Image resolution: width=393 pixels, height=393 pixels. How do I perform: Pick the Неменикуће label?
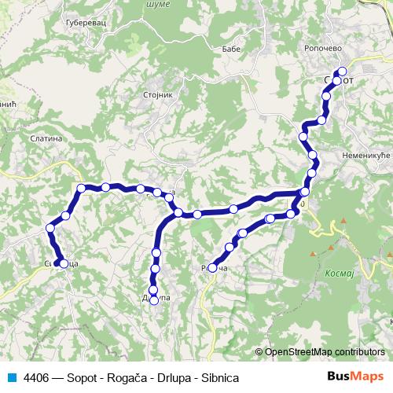[366, 156]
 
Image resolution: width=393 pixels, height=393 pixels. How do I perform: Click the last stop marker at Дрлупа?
[154, 300]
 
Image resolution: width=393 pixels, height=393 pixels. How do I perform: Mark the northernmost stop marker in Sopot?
[342, 72]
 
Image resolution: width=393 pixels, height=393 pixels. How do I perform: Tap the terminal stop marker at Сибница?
[64, 263]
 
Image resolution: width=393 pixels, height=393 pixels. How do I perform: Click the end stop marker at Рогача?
[212, 268]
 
